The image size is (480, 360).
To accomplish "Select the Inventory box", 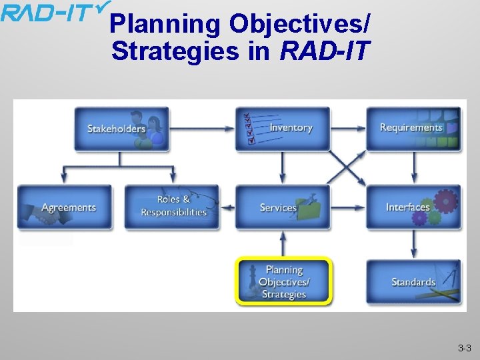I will pos(283,128).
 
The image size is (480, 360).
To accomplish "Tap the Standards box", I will pos(413,281).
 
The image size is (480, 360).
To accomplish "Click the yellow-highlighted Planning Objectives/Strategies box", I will pos(284,281).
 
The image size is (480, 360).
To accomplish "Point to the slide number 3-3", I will pos(464,348).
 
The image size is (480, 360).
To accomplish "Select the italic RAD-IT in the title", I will pos(325,51).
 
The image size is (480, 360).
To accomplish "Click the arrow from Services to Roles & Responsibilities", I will pos(227,207).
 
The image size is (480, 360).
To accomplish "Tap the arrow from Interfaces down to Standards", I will pos(414,245).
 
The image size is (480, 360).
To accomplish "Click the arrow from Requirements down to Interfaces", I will pos(414,167).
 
